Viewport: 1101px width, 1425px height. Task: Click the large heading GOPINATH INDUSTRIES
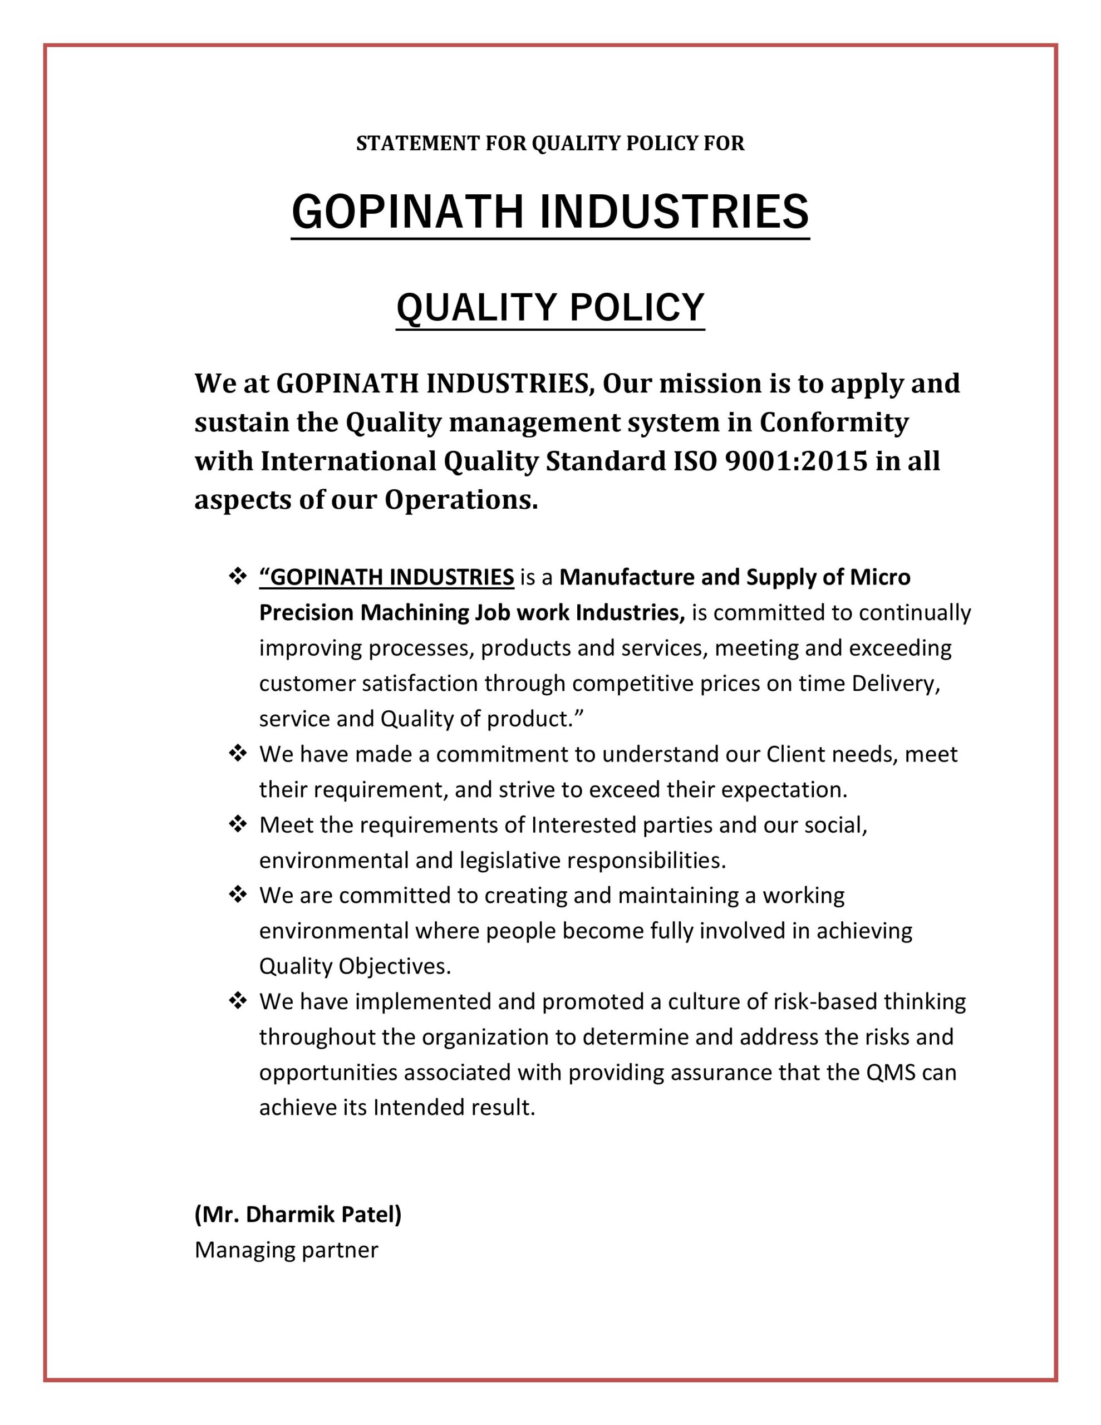tap(550, 212)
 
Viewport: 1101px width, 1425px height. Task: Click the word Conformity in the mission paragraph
tap(833, 423)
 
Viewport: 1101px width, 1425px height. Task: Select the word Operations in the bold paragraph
tap(460, 500)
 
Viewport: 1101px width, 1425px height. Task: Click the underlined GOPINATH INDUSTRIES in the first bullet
tap(386, 577)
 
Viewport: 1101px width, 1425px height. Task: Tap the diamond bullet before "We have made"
tap(238, 754)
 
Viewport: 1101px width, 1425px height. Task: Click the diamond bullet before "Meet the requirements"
tap(238, 825)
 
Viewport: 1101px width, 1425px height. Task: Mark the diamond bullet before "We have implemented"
tap(238, 1001)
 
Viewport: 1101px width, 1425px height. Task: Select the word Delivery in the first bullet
tap(894, 683)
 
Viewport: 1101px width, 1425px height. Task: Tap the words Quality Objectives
tap(355, 966)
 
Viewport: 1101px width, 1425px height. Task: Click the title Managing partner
tap(286, 1250)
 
